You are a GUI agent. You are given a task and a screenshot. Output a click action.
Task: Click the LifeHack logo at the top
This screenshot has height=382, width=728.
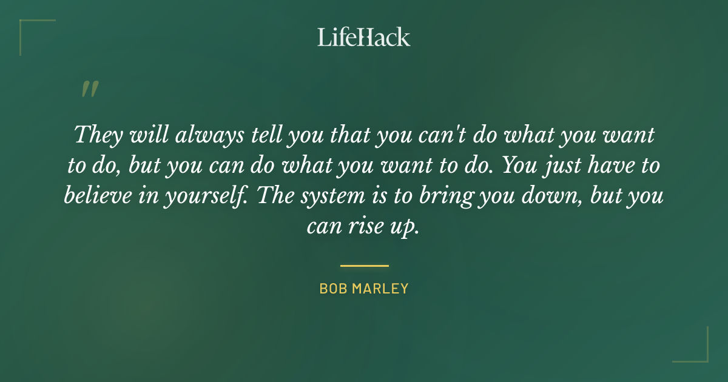363,37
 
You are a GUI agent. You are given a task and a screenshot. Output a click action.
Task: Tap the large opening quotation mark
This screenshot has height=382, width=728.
89,89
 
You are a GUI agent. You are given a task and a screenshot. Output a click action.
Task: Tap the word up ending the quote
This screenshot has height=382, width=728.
406,227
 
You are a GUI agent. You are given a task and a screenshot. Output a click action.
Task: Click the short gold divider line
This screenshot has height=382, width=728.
364,266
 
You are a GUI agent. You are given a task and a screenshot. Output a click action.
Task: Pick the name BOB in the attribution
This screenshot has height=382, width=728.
332,289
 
